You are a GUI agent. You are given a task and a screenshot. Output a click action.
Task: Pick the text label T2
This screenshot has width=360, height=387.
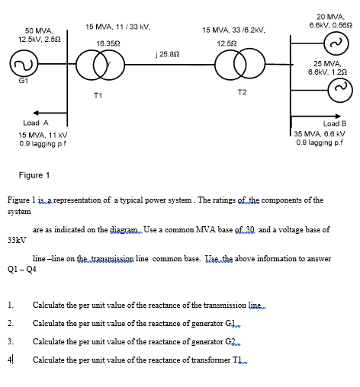(242, 92)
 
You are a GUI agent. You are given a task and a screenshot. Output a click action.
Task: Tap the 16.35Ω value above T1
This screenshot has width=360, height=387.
(106, 44)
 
